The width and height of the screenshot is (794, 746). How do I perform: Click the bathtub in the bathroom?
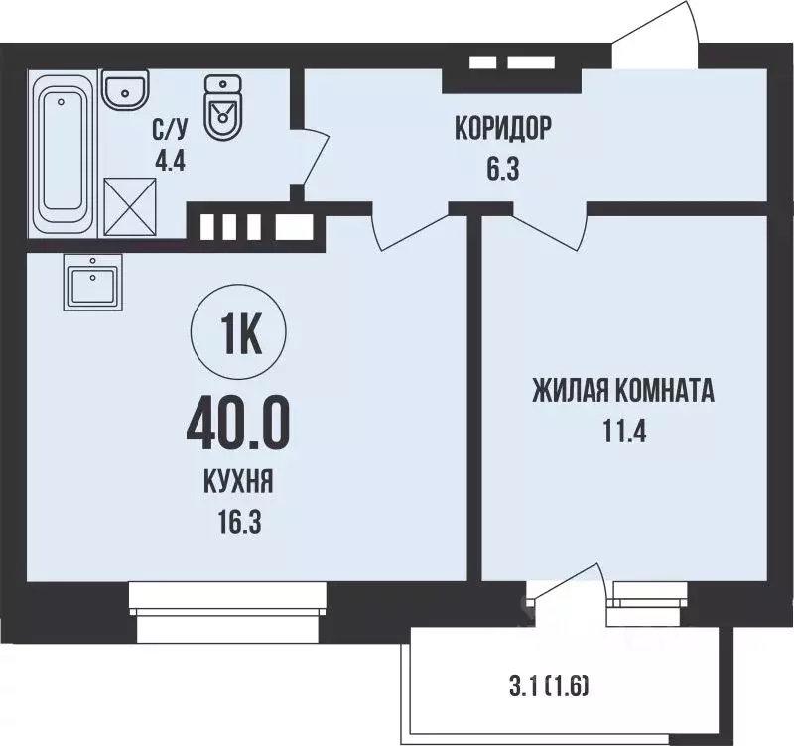tap(64, 157)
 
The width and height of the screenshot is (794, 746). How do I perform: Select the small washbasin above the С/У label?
tap(126, 90)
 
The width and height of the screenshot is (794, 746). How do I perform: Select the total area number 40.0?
tap(237, 425)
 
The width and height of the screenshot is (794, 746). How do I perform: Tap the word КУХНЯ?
tap(237, 483)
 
